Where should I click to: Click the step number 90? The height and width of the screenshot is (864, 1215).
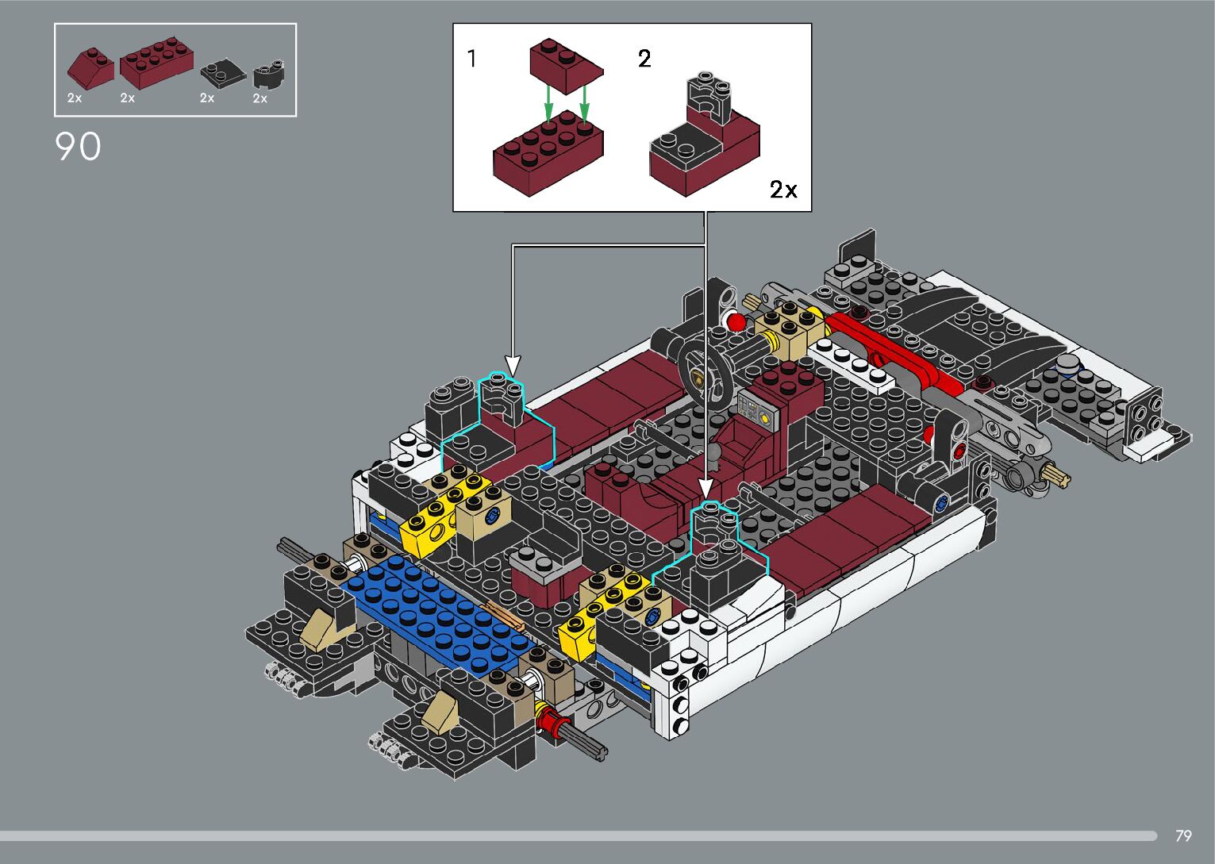[x=78, y=147]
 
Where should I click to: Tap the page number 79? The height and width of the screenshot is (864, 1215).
[x=1183, y=835]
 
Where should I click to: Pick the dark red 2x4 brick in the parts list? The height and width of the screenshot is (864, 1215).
[x=156, y=63]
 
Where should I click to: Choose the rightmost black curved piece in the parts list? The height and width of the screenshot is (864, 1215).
[x=269, y=75]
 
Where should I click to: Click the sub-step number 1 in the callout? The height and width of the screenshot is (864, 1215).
[x=472, y=58]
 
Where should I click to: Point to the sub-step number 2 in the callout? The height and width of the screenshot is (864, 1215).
[x=644, y=58]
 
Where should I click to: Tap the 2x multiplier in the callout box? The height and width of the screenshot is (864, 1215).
[x=783, y=190]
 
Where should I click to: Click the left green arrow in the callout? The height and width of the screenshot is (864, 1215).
[x=548, y=104]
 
